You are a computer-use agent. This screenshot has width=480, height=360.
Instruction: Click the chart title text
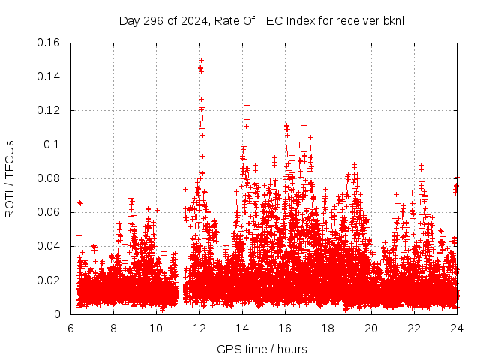(x=261, y=20)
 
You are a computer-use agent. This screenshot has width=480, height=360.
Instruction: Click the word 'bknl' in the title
(x=393, y=20)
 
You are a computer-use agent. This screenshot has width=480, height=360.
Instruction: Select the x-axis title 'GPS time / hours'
(x=262, y=349)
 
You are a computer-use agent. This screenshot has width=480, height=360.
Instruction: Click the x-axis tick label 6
(x=70, y=328)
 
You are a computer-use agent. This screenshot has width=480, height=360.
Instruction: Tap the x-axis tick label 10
(x=156, y=328)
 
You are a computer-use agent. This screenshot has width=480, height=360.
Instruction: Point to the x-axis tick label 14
(x=241, y=328)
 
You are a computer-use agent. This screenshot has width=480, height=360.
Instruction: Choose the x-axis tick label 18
(x=328, y=328)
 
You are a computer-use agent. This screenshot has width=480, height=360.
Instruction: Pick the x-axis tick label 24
(x=456, y=328)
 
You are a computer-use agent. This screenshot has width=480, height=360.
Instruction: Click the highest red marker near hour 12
(x=201, y=60)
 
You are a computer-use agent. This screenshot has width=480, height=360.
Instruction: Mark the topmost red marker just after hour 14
(x=247, y=105)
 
